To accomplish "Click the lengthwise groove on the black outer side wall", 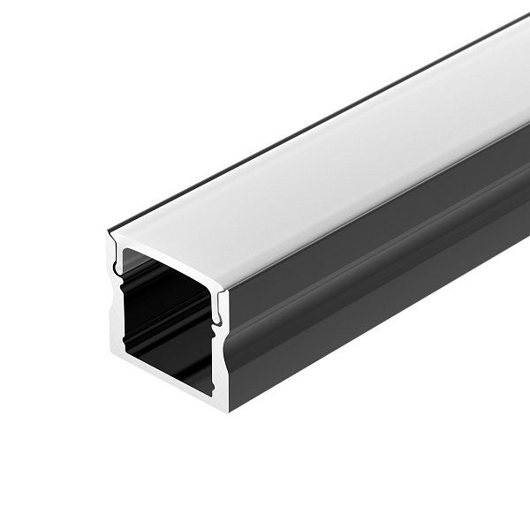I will pos(371,265).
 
